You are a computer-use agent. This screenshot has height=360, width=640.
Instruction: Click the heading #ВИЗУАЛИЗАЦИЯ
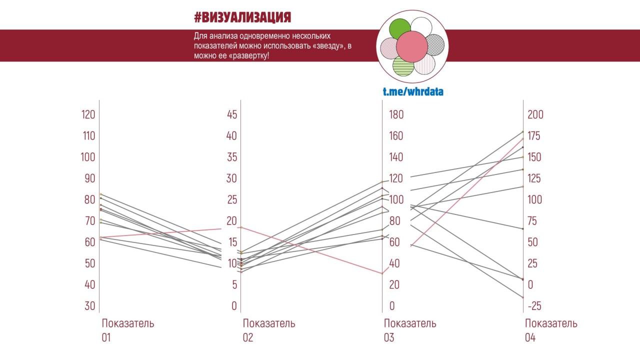point(242,18)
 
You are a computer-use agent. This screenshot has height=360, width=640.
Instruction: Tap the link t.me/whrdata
point(413,91)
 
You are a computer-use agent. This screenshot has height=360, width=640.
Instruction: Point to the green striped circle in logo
point(402,65)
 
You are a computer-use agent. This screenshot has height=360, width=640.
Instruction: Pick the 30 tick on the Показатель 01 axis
point(89,306)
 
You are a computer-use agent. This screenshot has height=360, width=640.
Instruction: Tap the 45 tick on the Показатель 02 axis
point(231,114)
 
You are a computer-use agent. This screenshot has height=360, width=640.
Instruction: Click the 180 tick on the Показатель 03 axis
point(396,114)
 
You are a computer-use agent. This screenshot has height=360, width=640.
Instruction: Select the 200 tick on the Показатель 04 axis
point(535,114)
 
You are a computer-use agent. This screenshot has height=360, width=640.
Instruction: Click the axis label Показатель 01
point(128,330)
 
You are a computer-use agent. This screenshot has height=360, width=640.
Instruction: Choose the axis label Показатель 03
point(410,330)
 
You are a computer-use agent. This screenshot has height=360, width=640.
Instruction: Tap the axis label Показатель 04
point(551,330)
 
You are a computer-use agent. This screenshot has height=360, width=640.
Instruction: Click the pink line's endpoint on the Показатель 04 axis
point(523,138)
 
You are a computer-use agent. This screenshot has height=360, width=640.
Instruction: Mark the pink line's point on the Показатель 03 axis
point(382,273)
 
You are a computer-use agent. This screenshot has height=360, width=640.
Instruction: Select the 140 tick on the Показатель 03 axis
point(396,157)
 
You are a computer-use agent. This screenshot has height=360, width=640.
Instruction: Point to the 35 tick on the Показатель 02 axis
point(231,157)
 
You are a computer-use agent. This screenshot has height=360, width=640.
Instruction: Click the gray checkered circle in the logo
point(434,44)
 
